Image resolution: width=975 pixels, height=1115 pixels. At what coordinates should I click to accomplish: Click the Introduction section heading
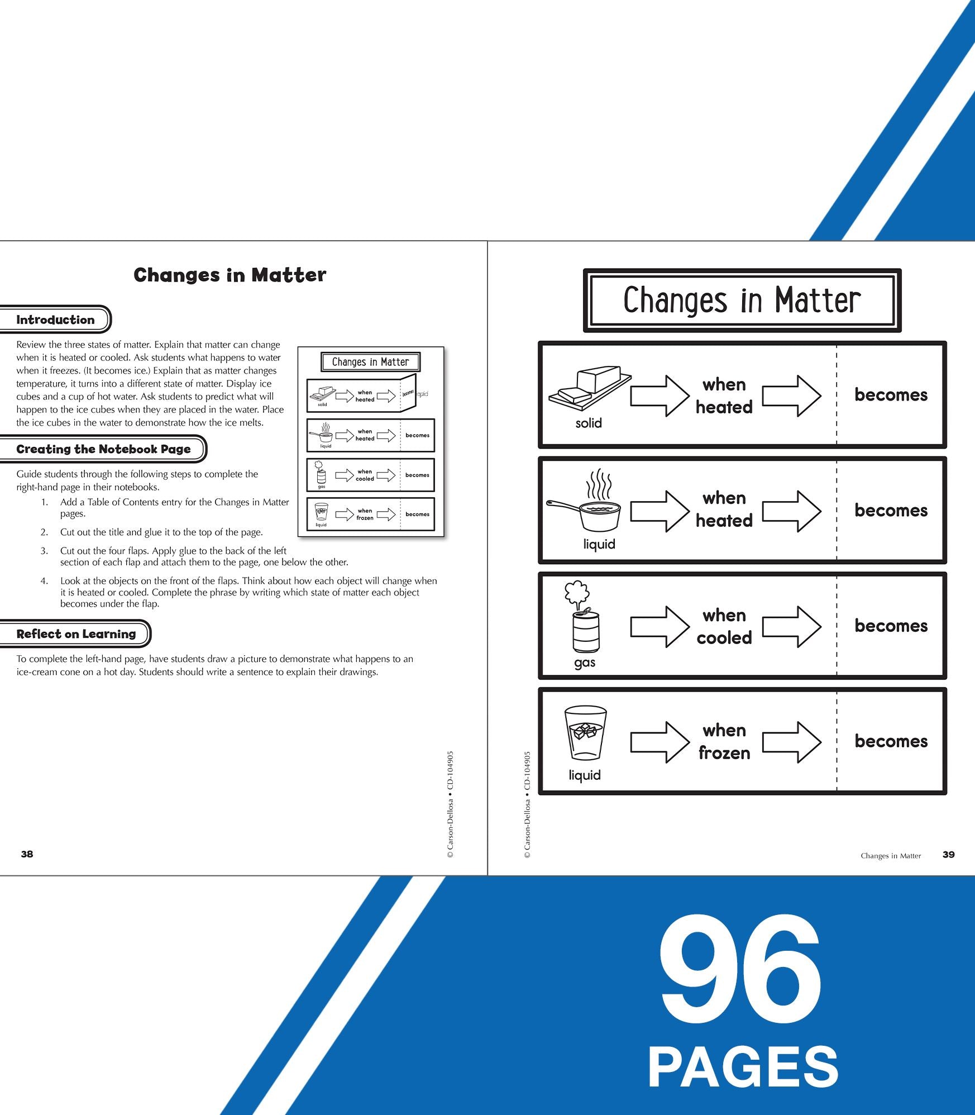click(x=55, y=320)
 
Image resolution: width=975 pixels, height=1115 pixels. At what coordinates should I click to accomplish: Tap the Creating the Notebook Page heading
click(x=103, y=449)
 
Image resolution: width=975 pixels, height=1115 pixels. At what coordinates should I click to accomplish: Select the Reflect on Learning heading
click(x=76, y=634)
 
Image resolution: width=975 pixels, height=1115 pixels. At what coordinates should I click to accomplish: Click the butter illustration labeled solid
click(x=590, y=385)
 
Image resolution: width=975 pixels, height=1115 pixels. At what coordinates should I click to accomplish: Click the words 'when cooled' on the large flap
click(x=724, y=626)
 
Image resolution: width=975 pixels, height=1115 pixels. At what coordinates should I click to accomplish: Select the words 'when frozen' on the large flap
click(x=724, y=741)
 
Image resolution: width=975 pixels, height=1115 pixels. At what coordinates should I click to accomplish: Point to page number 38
click(x=27, y=854)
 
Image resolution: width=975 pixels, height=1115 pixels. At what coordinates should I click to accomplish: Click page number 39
click(x=948, y=854)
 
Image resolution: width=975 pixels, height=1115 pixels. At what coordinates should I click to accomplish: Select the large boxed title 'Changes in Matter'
click(x=742, y=300)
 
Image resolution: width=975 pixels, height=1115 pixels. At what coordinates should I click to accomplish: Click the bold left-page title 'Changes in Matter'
click(x=230, y=275)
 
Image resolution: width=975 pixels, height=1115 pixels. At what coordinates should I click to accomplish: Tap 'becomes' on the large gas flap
click(x=891, y=626)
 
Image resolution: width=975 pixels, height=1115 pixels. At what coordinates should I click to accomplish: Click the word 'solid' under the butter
click(x=589, y=423)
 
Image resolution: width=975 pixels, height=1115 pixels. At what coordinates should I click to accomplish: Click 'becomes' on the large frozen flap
click(x=891, y=741)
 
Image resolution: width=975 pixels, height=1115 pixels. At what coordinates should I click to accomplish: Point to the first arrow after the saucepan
click(x=660, y=511)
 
